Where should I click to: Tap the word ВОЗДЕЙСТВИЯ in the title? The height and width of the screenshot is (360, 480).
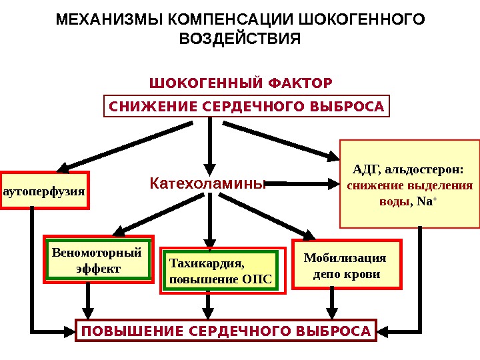point(241,39)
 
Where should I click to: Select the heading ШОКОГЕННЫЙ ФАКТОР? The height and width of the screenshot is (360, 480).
point(241,84)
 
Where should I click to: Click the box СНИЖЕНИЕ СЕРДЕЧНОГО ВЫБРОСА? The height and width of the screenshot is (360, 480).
point(246,106)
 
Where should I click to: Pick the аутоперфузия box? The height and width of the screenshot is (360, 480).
point(45,191)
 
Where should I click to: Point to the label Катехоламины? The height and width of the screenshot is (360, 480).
point(207,183)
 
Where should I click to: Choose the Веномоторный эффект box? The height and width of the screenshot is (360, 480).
point(99,260)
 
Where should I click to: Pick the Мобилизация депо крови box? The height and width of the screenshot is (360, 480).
point(348,265)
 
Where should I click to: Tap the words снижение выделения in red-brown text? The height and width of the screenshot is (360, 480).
point(410,185)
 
